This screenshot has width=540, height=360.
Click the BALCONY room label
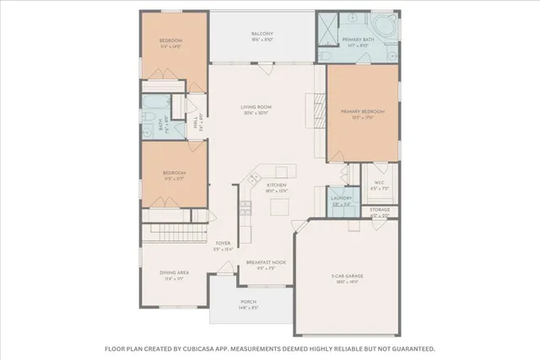pyautogui.click(x=262, y=35)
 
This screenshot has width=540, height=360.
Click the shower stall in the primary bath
pyautogui.click(x=327, y=29)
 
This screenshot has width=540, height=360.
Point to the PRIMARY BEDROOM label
pyautogui.click(x=363, y=111)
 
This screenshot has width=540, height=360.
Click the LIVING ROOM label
pyautogui.click(x=256, y=107)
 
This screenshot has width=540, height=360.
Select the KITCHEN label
pyautogui.click(x=277, y=185)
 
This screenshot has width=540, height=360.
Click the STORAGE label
pyautogui.click(x=380, y=209)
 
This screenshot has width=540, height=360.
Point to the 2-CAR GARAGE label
pyautogui.click(x=347, y=277)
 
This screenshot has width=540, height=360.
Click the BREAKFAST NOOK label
pyautogui.click(x=266, y=262)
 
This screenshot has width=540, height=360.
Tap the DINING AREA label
pyautogui.click(x=175, y=273)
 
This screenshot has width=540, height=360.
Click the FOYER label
pyautogui.click(x=223, y=243)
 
